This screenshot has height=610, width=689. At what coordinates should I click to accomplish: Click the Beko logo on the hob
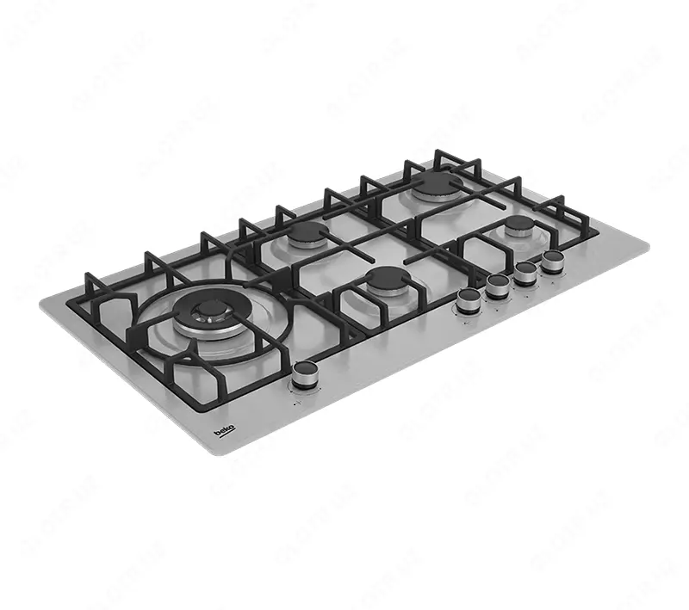(x=224, y=428)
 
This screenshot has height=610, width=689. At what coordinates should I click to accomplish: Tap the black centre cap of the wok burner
(x=207, y=308)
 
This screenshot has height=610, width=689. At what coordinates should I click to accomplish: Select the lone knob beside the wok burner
(x=304, y=373)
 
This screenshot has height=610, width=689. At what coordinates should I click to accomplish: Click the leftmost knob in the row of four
(x=469, y=298)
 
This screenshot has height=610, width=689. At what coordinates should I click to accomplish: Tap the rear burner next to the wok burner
(x=305, y=234)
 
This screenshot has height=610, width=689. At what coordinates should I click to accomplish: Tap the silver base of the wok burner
(x=207, y=330)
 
